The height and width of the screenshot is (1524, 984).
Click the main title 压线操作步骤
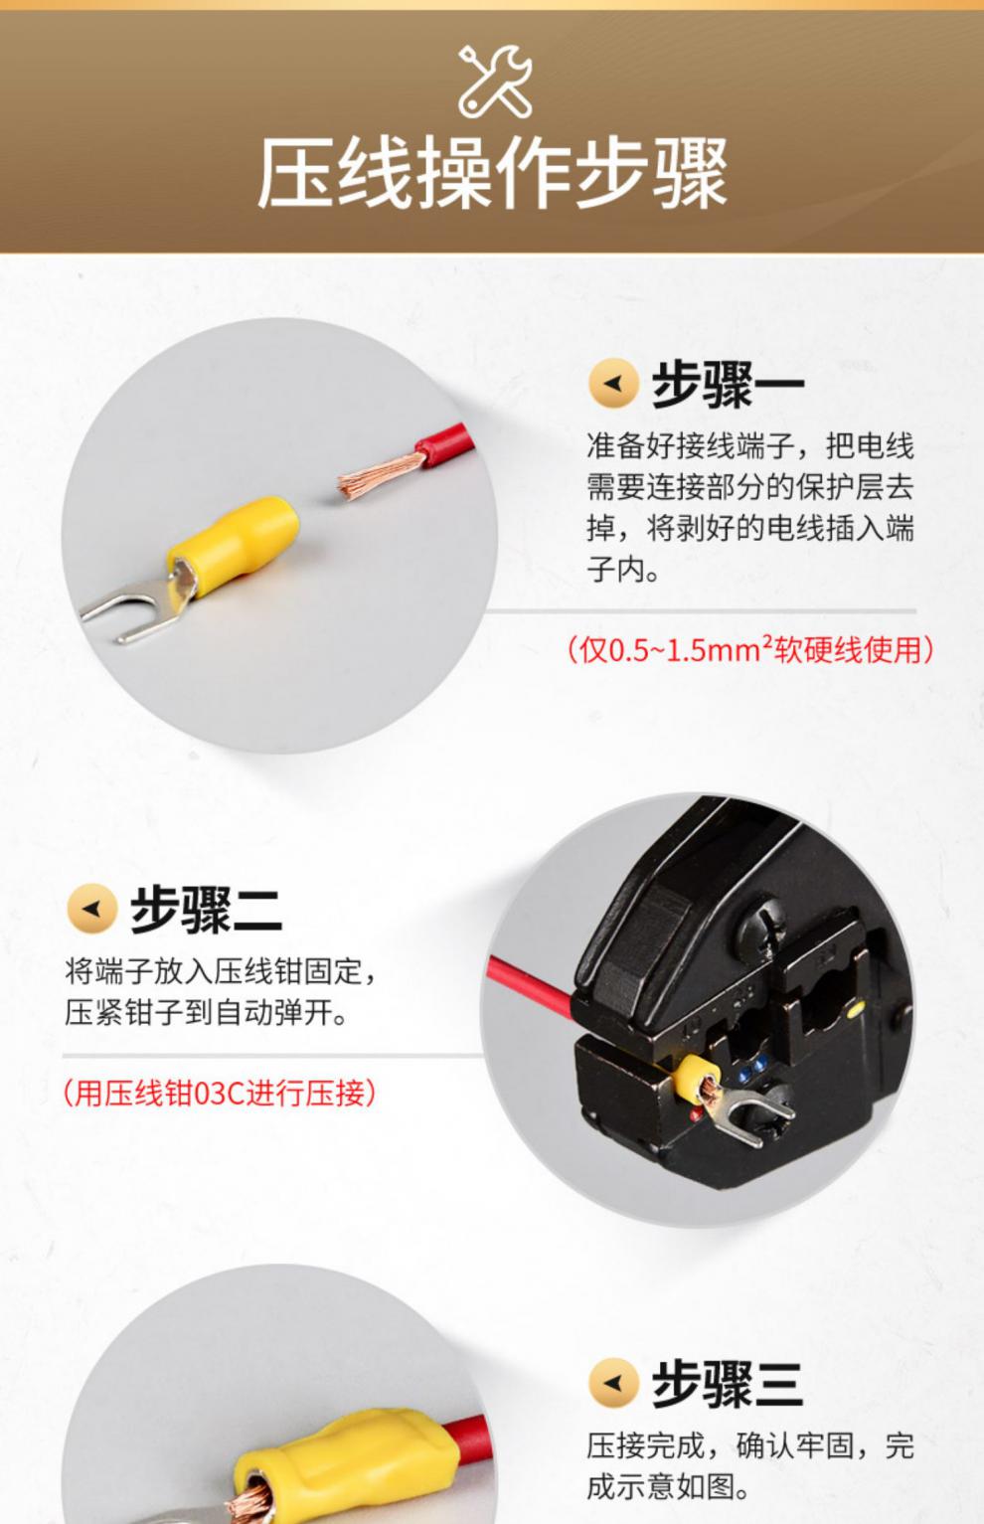[492, 174]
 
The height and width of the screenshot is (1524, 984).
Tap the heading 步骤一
[728, 385]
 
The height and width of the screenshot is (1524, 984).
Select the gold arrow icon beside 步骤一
[613, 384]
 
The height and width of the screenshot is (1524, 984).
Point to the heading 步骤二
[206, 909]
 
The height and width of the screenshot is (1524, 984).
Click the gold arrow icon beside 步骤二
[91, 909]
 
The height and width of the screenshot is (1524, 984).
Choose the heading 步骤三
[728, 1383]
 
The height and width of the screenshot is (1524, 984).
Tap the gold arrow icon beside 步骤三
[613, 1383]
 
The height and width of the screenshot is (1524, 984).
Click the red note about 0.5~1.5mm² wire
[750, 650]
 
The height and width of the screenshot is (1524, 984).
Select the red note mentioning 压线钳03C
[220, 1094]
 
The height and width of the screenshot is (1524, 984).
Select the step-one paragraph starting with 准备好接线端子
[749, 507]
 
